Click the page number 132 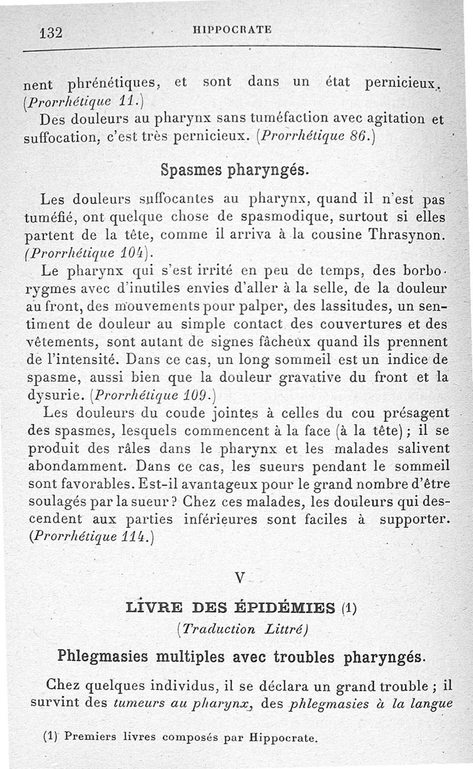51,33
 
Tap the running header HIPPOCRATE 232,30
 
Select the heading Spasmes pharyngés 235,170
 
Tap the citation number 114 135,537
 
